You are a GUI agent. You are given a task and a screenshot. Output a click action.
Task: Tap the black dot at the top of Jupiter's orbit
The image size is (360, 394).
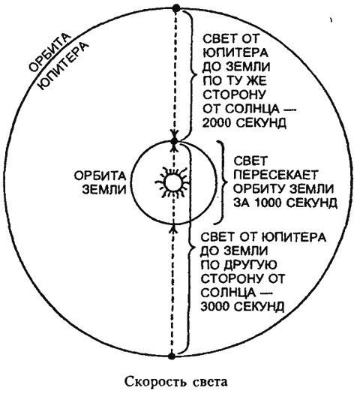[175, 8]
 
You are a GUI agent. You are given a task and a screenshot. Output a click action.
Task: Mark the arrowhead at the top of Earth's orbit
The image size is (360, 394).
[174, 140]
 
